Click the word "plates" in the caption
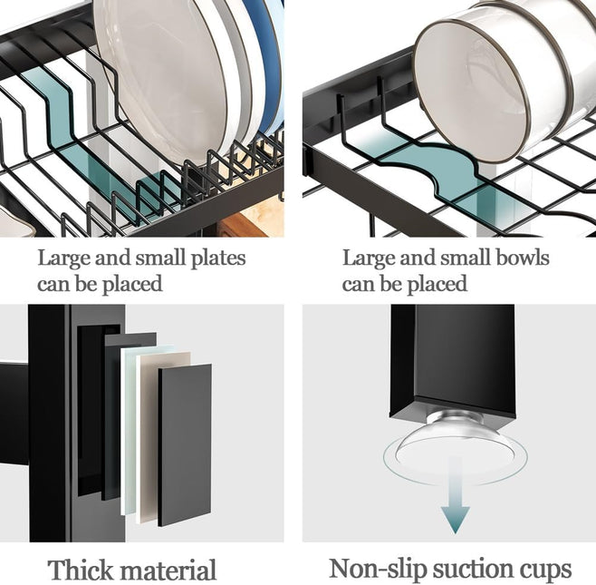point(216,258)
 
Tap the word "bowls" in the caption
point(520,258)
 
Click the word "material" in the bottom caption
point(171,570)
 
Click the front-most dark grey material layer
point(185,444)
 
